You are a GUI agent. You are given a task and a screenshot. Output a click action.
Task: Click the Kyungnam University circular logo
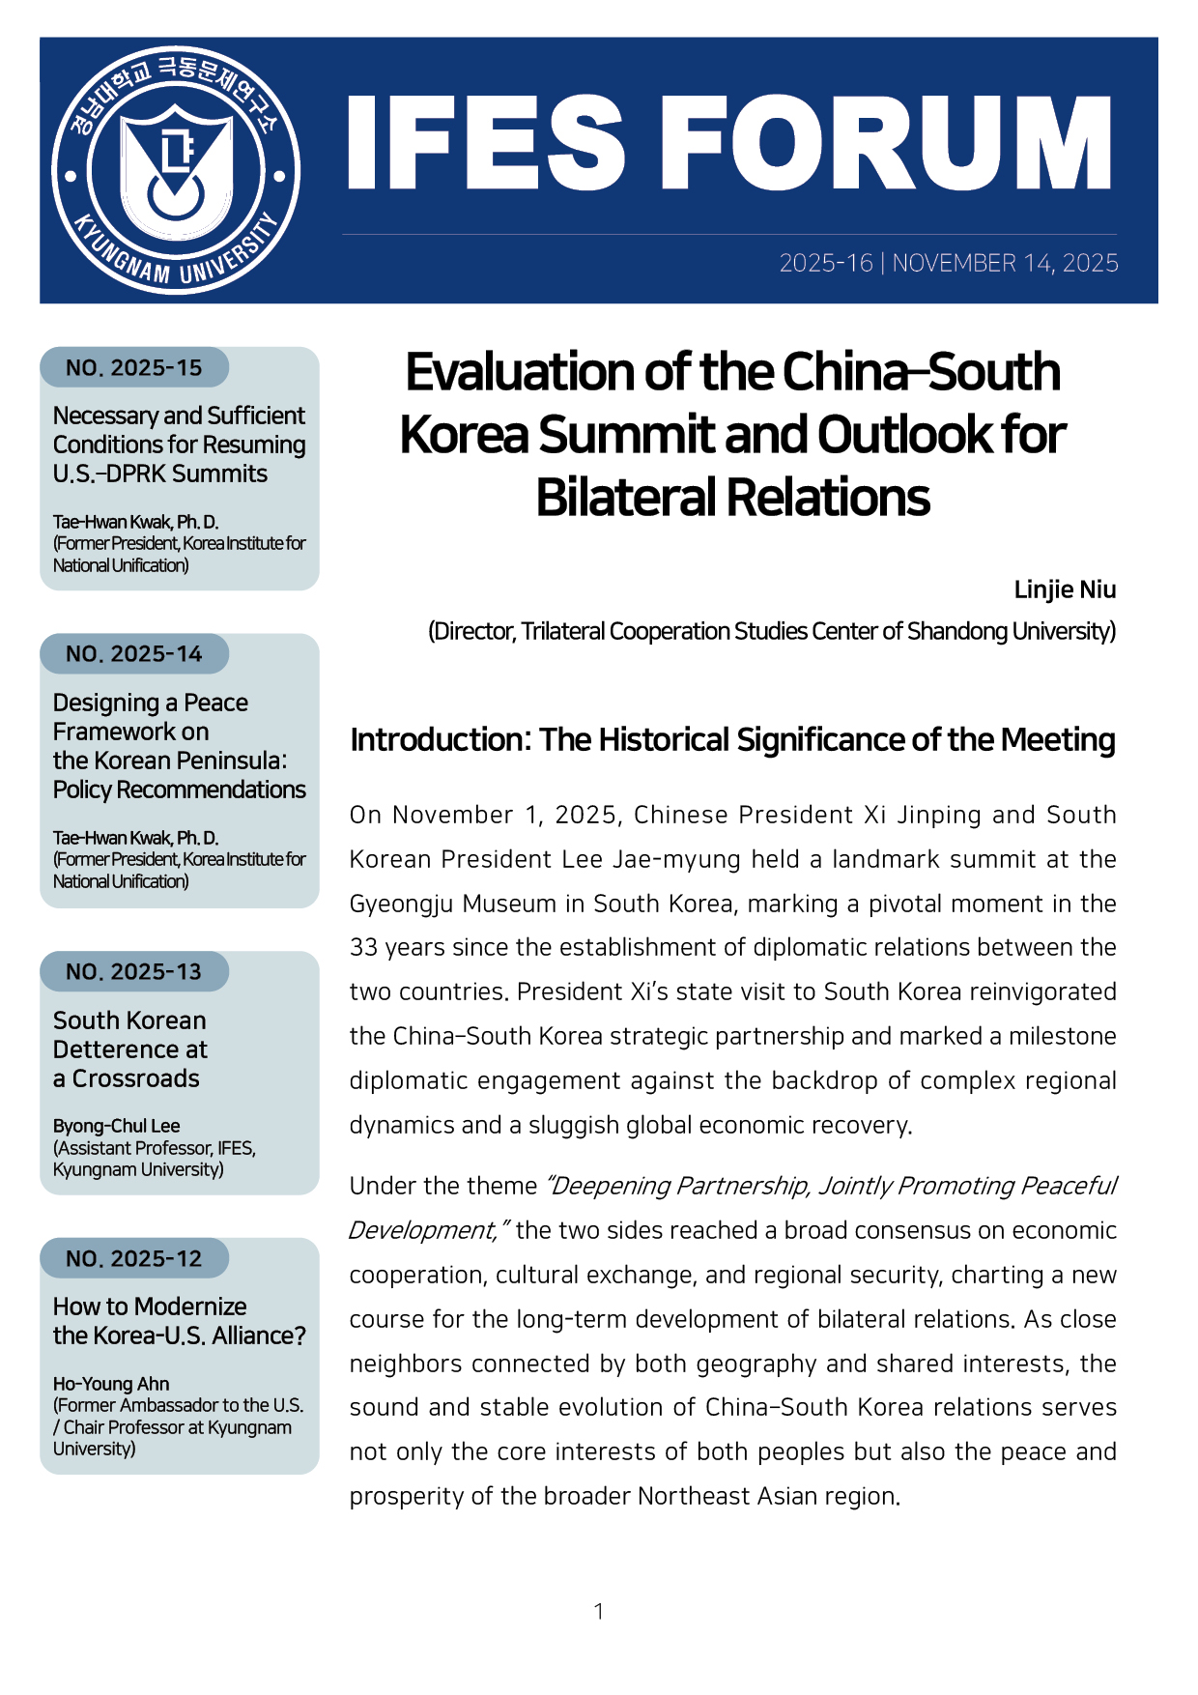point(175,171)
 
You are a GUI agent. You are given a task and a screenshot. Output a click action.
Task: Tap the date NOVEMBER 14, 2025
point(1005,263)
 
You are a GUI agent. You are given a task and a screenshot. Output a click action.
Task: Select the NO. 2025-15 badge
point(134,367)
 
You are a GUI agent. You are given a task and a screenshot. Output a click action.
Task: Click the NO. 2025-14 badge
point(134,654)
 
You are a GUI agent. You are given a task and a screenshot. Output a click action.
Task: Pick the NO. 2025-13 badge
point(134,971)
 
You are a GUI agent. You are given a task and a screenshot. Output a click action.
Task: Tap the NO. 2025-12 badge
point(134,1258)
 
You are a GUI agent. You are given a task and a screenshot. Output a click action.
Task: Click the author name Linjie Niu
point(1065,589)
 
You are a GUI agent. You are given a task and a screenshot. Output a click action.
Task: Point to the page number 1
point(599,1611)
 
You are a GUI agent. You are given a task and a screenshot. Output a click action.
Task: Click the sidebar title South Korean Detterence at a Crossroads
point(129,1049)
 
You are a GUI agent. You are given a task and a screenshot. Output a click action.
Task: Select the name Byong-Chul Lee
point(117,1126)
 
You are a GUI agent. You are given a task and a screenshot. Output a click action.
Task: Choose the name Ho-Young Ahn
point(111,1384)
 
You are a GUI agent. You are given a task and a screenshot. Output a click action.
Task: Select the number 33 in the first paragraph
point(363,948)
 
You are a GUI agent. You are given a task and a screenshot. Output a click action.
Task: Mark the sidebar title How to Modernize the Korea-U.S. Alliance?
point(180,1321)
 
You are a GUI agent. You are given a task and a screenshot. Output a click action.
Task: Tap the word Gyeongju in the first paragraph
point(402,904)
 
